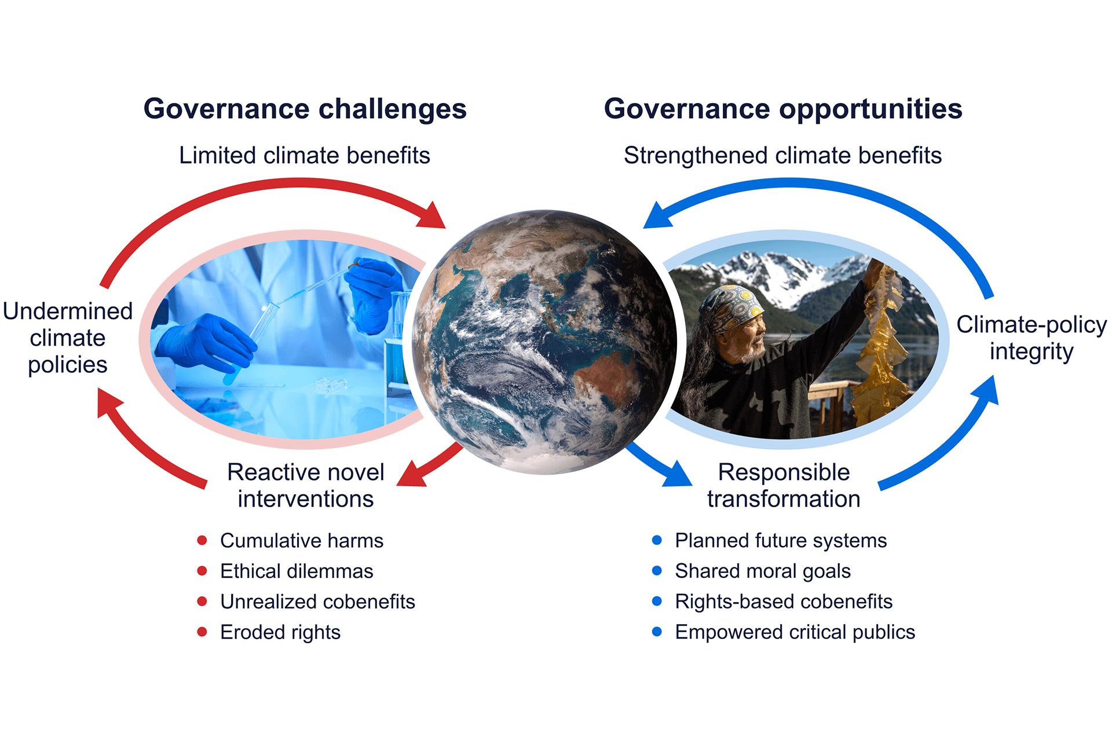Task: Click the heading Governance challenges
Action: point(305,109)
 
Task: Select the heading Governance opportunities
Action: point(783,109)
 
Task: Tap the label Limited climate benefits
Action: point(305,155)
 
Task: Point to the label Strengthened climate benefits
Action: point(782,155)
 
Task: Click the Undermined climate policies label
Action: point(68,338)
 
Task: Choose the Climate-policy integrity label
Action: point(1031,338)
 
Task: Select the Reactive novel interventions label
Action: point(306,485)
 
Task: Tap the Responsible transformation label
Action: point(784,485)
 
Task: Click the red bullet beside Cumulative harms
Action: point(202,540)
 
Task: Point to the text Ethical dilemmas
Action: point(297,571)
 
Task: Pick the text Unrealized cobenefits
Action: point(317,602)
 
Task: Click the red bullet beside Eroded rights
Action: point(202,632)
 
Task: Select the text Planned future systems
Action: point(781,541)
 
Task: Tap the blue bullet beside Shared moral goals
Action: point(657,571)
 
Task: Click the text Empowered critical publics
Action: point(795,632)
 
